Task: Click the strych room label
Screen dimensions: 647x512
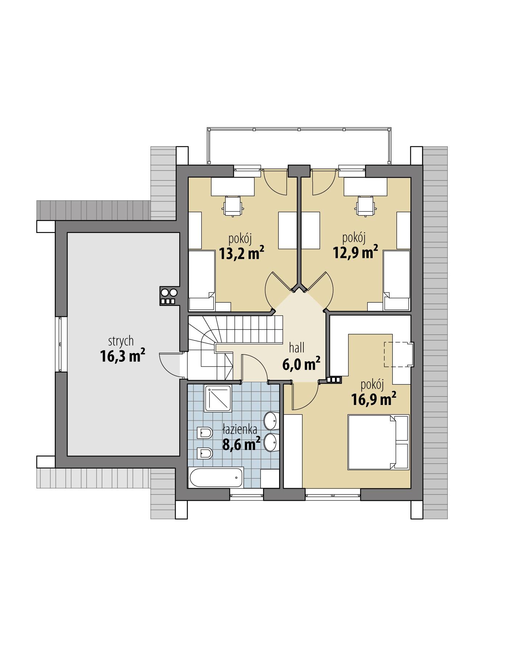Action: click(x=121, y=341)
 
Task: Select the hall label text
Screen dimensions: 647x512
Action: click(x=296, y=348)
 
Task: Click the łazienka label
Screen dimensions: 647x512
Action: click(x=240, y=430)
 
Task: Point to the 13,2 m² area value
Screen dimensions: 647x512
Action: click(x=241, y=253)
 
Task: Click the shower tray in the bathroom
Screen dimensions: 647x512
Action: click(x=218, y=398)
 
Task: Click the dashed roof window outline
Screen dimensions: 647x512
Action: click(x=398, y=354)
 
